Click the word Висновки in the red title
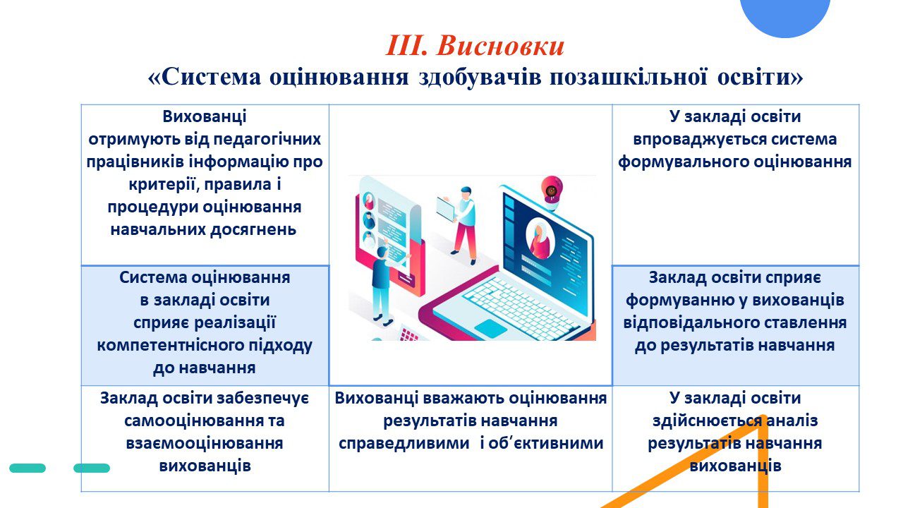click(500, 46)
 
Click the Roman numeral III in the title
click(406, 46)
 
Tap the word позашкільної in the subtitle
click(628, 77)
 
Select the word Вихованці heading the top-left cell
click(205, 116)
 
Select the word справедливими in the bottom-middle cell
click(404, 444)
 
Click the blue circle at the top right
click(785, 16)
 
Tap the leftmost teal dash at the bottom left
click(28, 468)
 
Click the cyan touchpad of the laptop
click(491, 328)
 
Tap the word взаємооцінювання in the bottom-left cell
click(205, 444)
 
